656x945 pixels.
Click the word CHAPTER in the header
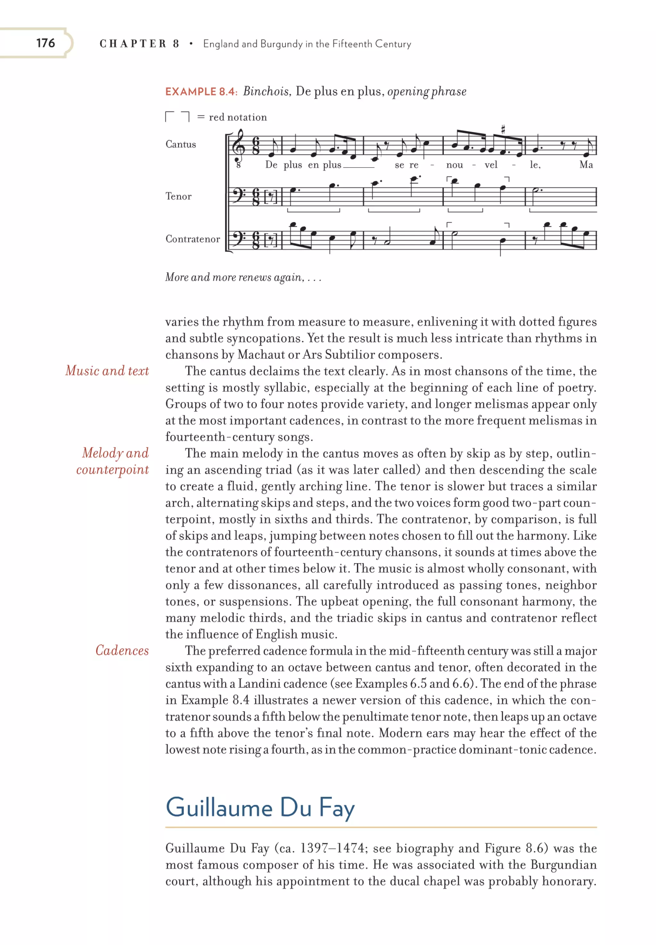133,44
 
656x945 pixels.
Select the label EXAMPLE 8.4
201,91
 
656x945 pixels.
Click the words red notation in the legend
238,117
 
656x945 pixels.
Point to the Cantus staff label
181,144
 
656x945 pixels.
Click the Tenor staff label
178,196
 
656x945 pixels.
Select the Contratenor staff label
193,239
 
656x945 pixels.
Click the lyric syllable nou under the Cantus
454,165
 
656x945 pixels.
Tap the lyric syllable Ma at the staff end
586,165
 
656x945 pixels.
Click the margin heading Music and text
107,371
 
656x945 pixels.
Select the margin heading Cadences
122,650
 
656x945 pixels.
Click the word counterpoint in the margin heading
112,469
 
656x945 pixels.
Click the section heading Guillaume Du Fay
260,807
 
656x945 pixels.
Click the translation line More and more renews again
242,277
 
